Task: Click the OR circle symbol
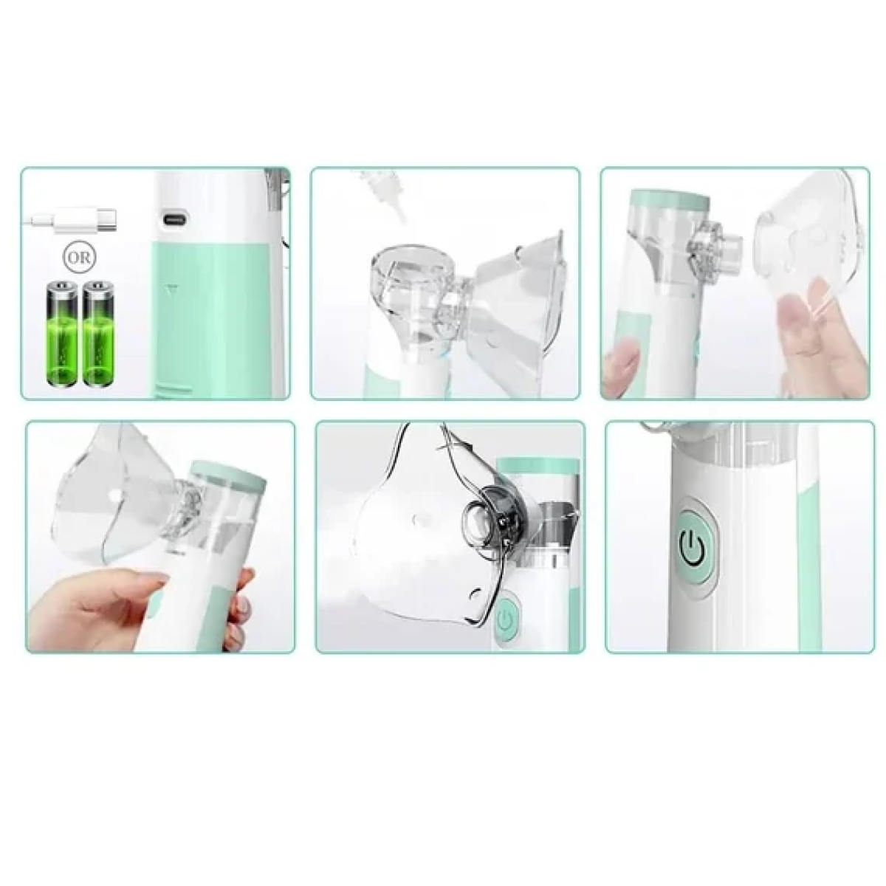[79, 258]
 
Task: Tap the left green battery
[61, 333]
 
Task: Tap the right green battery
[99, 333]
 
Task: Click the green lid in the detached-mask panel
[669, 198]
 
